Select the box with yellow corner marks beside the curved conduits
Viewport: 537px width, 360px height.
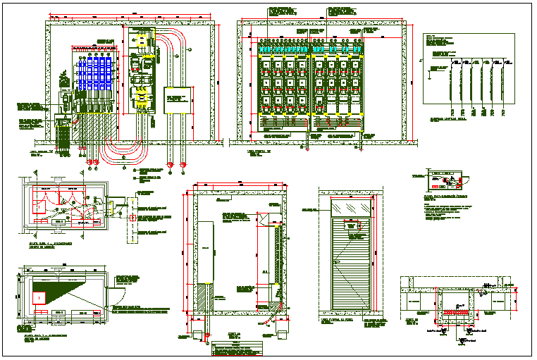tap(178, 99)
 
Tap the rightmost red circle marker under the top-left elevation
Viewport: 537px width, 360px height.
tap(183, 165)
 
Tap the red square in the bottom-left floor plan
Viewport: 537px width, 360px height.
tap(40, 297)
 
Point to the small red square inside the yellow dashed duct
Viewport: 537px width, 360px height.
tap(131, 218)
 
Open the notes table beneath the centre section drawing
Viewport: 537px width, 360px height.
tap(236, 347)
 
